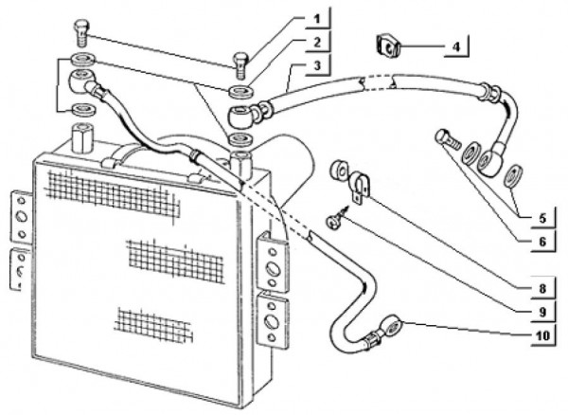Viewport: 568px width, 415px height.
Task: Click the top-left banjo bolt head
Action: [83, 30]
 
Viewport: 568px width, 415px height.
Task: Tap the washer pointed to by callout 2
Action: [238, 92]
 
